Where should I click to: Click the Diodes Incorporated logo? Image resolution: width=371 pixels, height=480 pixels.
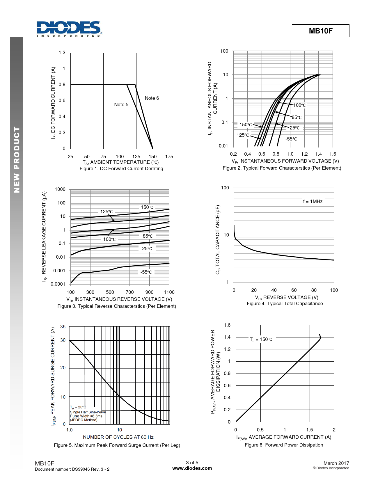point(69,29)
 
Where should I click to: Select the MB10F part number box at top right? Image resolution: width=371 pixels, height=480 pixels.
point(320,31)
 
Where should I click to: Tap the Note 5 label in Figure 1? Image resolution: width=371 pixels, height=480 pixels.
point(121,104)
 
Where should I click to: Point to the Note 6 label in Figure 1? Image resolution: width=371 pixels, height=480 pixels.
point(152,98)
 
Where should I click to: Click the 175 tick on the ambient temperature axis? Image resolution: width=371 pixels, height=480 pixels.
point(169,157)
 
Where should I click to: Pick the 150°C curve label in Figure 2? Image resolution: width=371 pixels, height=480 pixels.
point(246,125)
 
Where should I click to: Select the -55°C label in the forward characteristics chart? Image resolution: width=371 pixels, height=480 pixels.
point(291,139)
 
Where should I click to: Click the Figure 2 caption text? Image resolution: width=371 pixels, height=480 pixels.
point(282,168)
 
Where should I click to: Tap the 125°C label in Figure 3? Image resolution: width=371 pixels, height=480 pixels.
point(106,211)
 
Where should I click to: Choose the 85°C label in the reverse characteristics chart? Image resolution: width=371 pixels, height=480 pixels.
point(148,236)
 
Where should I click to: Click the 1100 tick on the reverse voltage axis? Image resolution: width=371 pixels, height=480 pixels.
point(169,292)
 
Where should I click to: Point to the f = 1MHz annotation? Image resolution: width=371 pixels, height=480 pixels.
point(313,201)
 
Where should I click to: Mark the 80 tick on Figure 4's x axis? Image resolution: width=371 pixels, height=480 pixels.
point(314,290)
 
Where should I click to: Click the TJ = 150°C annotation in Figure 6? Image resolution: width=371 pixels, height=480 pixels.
point(261,339)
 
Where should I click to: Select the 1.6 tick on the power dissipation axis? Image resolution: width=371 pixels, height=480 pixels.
point(227,325)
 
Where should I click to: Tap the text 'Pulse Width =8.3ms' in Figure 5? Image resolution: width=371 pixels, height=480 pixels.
point(86,416)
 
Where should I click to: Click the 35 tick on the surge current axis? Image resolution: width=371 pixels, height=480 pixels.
point(63,326)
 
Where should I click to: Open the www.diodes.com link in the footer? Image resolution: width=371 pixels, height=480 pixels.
point(192,468)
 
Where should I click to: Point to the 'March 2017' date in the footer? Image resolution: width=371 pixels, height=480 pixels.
point(336,463)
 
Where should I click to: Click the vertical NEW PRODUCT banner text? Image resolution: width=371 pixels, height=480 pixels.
point(17,159)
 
